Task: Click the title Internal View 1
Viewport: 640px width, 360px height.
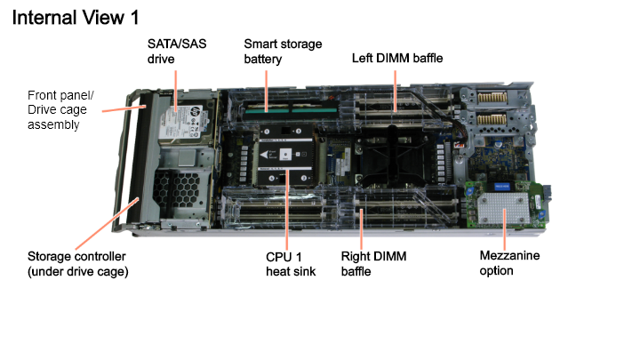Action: (x=76, y=18)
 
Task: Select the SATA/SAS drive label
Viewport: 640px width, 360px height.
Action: (x=177, y=51)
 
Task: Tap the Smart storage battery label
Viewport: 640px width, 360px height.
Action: (x=283, y=51)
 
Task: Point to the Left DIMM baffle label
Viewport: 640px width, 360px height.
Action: (x=397, y=58)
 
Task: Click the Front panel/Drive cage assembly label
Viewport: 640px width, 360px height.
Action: (x=60, y=110)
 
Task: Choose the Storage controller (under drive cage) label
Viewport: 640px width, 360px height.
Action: (x=77, y=264)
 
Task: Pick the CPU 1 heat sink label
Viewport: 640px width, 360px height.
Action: (x=291, y=264)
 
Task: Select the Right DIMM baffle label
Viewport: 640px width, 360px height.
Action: (x=373, y=264)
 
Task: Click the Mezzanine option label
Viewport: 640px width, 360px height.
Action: (x=509, y=263)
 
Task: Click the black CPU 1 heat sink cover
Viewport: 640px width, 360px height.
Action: (x=285, y=155)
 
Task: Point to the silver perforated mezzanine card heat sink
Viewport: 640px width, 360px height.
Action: (x=504, y=208)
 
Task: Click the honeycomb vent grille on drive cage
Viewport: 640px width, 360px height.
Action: (x=176, y=189)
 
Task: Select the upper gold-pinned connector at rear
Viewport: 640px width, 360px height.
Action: (x=492, y=97)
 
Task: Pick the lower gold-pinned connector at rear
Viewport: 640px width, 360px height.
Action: (x=492, y=119)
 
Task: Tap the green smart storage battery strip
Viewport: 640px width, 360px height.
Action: (x=291, y=110)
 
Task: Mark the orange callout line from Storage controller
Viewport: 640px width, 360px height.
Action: (x=107, y=224)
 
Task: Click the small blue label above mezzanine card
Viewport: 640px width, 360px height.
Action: (x=501, y=186)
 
